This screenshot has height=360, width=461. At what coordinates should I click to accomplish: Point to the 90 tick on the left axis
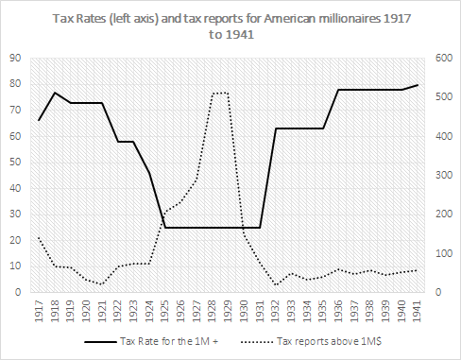pyautogui.click(x=16, y=58)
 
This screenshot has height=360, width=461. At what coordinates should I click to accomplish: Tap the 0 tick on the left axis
pyautogui.click(x=19, y=293)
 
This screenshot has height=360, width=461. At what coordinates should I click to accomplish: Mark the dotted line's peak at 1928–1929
pyautogui.click(x=220, y=93)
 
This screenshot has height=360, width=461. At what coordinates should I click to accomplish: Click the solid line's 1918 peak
pyautogui.click(x=55, y=93)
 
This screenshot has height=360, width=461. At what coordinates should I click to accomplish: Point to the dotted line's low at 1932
pyautogui.click(x=276, y=284)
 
